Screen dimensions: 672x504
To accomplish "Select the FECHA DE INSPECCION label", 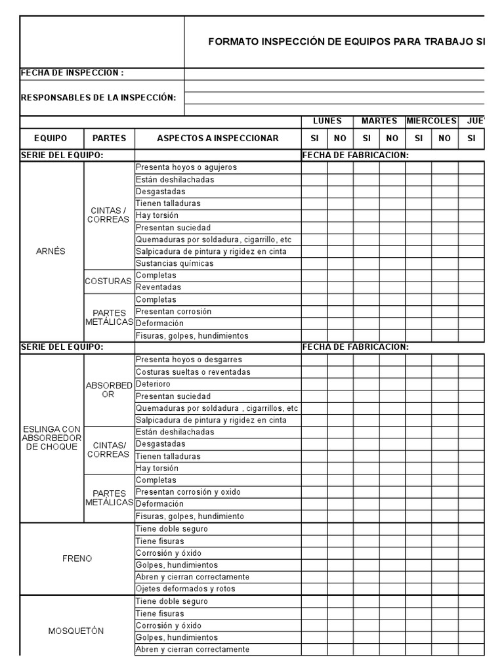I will point(72,73).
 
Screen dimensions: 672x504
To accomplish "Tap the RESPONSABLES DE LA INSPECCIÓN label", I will point(98,98).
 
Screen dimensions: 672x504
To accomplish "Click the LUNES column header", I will point(327,121).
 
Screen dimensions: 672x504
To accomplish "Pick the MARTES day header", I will point(379,121).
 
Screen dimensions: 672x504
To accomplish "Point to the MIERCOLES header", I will point(431,121).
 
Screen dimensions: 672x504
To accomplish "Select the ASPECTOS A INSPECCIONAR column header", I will point(217,138).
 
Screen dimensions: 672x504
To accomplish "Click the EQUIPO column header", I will point(51,138).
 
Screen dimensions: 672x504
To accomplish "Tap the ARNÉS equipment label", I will point(51,251).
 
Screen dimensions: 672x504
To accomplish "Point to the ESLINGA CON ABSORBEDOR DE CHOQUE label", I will point(51,438).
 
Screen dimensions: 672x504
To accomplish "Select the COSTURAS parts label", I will point(108,282).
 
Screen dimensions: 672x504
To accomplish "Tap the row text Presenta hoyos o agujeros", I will point(186,167).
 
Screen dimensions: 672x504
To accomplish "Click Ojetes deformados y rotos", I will point(185,589).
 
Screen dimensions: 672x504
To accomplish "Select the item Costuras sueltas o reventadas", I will point(193,372).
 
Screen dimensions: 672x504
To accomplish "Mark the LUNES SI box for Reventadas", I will point(314,287).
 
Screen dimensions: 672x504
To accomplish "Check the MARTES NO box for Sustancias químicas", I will point(392,264).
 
